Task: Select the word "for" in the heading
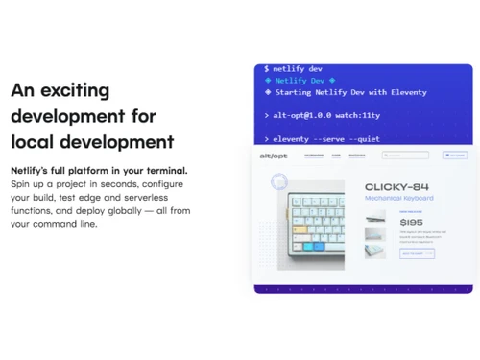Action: tap(140, 116)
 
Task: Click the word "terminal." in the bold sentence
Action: tap(164, 170)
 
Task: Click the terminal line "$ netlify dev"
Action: tap(294, 69)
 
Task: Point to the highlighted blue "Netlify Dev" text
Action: tap(299, 81)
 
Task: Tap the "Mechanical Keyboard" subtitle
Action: tap(398, 198)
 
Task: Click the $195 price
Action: tap(410, 222)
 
